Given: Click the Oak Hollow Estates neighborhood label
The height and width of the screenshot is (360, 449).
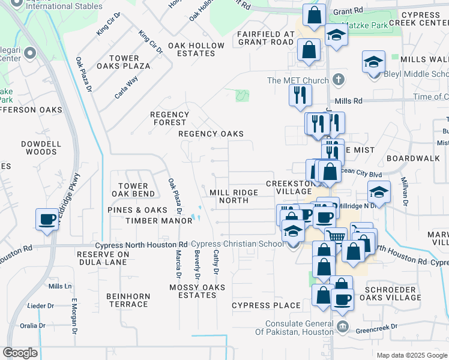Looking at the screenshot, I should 196,49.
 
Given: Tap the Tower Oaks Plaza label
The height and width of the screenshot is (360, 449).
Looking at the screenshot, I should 124,62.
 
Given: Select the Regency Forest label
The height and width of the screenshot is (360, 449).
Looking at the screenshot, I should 169,118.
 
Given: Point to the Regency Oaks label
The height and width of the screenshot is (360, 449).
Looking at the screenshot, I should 211,134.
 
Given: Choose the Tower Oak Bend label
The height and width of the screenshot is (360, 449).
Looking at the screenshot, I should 133,190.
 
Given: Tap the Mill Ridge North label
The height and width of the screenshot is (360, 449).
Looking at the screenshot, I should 234,196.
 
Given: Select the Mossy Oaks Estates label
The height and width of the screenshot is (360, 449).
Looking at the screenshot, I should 197,291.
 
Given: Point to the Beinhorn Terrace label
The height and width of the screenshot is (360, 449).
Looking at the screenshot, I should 127,300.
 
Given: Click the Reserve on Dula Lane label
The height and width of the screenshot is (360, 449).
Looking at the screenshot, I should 103,259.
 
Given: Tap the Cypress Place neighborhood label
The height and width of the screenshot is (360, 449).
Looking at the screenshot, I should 267,305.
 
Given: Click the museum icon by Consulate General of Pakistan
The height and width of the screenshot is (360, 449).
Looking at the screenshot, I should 342,326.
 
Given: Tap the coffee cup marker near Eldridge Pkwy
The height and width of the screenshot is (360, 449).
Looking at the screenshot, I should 46,219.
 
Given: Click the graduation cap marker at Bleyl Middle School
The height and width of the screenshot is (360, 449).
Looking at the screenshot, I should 373,62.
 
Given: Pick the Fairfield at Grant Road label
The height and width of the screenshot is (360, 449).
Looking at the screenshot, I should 266,38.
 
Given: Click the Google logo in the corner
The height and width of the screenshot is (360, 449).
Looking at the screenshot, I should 20,353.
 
